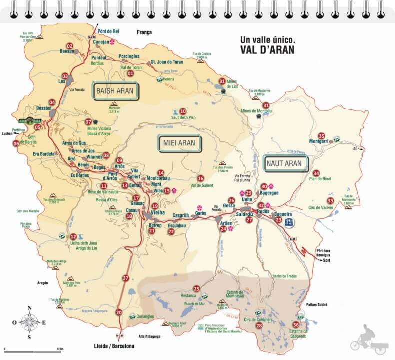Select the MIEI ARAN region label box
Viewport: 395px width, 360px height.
click(180, 144)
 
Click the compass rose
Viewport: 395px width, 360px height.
click(30, 322)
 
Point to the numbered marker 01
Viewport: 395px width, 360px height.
click(131, 73)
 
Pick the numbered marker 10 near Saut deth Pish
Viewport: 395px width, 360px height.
click(183, 111)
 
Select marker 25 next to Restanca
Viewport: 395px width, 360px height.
click(196, 288)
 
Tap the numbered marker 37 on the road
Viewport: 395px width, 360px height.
click(126, 278)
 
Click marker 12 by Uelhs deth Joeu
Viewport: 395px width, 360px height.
click(73, 237)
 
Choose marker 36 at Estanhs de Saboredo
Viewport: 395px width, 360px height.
click(296, 324)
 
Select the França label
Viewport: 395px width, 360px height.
click(144, 33)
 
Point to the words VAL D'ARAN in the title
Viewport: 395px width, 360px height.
click(267, 50)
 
